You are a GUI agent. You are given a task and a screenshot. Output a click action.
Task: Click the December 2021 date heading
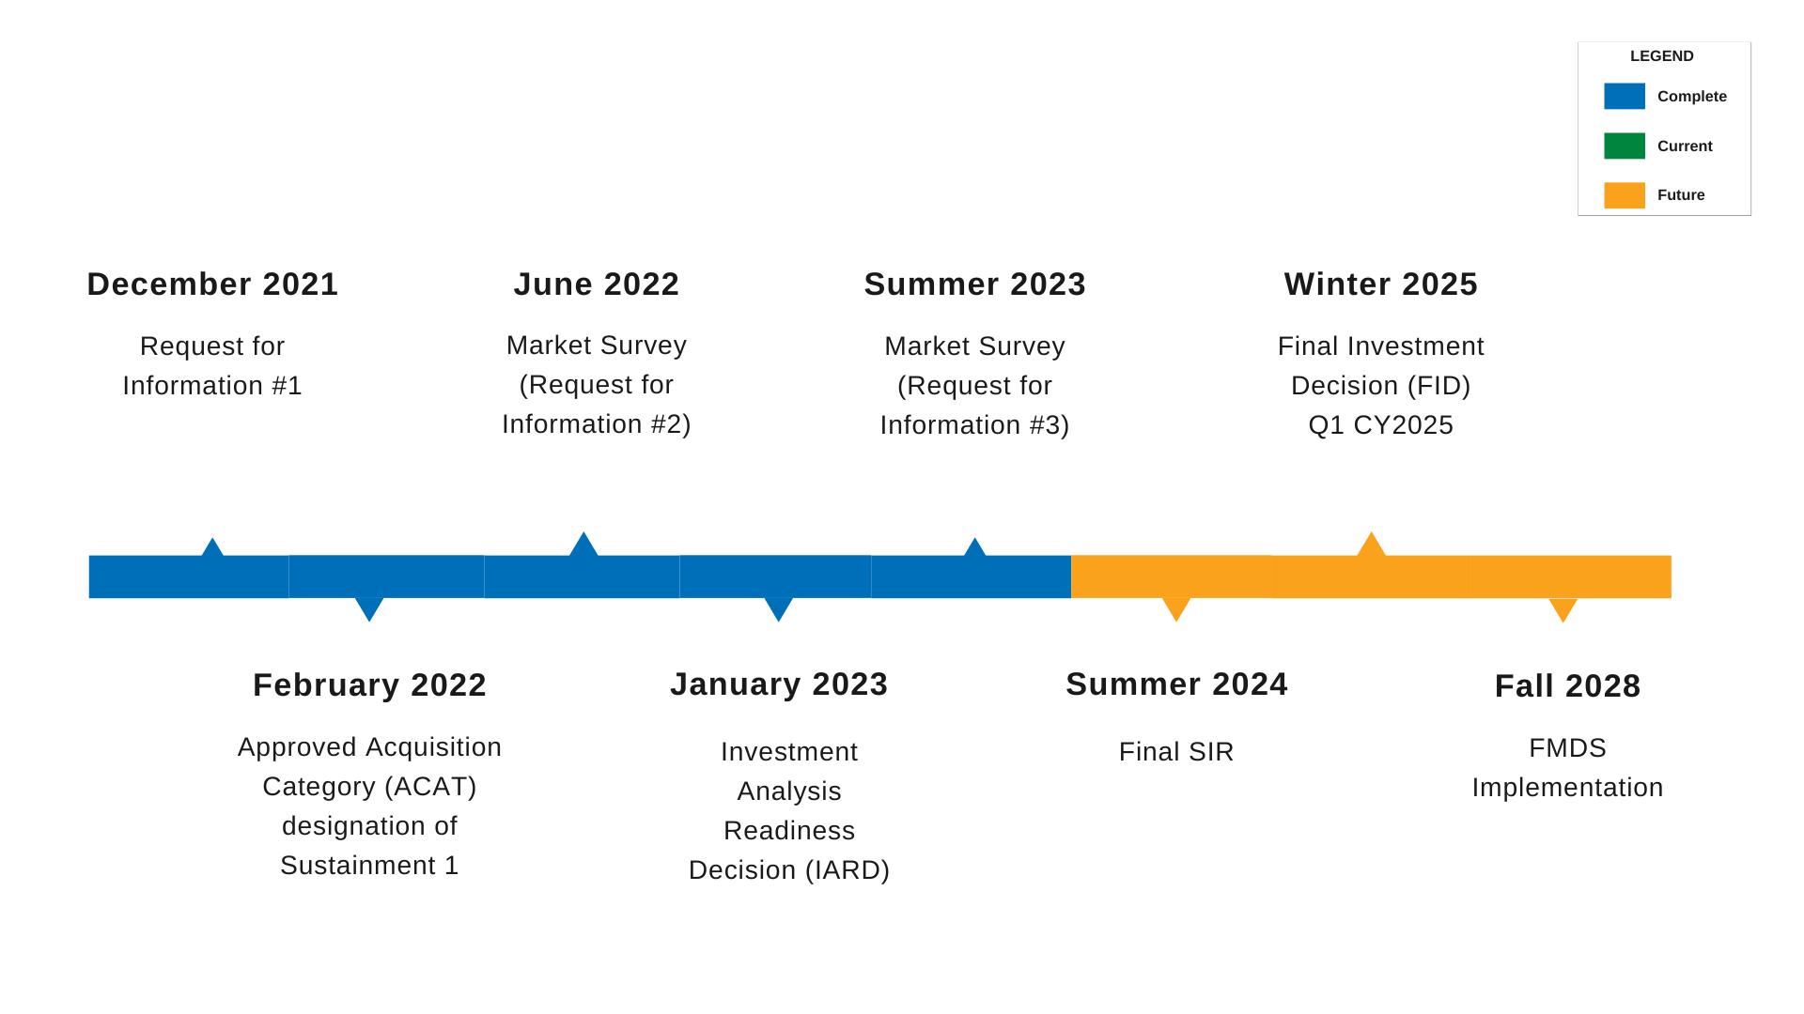pos(212,284)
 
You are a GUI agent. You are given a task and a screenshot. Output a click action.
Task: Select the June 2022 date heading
pos(596,284)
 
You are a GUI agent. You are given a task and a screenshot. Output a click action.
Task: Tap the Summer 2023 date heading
pos(974,284)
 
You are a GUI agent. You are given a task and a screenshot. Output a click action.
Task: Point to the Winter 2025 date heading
pos(1380,284)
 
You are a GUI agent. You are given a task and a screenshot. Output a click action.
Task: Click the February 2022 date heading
pos(369,685)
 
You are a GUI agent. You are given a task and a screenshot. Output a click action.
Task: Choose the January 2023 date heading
pos(779,684)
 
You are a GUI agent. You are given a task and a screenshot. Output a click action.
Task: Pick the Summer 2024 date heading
pos(1176,684)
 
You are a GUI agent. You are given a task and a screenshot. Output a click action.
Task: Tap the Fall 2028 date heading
pos(1567,686)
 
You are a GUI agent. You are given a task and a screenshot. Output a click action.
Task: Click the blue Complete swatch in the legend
pos(1624,97)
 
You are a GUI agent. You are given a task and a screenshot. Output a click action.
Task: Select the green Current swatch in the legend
pos(1624,146)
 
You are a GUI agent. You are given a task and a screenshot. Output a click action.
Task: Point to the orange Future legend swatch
pos(1624,195)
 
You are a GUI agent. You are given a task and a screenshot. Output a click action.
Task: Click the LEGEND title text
pos(1661,56)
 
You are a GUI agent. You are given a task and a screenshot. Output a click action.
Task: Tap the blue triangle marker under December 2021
pos(212,548)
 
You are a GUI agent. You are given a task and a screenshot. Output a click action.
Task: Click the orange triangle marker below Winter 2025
pos(1371,545)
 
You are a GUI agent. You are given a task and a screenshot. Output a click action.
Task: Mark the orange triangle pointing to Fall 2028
pos(1563,610)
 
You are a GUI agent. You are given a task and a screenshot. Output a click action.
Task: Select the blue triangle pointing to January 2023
pos(778,609)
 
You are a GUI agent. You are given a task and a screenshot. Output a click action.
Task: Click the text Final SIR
pos(1175,752)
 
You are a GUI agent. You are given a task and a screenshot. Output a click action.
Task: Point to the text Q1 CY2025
pos(1380,425)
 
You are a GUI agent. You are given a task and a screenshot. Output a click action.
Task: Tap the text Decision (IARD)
pos(788,870)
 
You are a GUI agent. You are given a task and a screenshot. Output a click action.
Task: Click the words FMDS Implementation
pos(1567,768)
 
